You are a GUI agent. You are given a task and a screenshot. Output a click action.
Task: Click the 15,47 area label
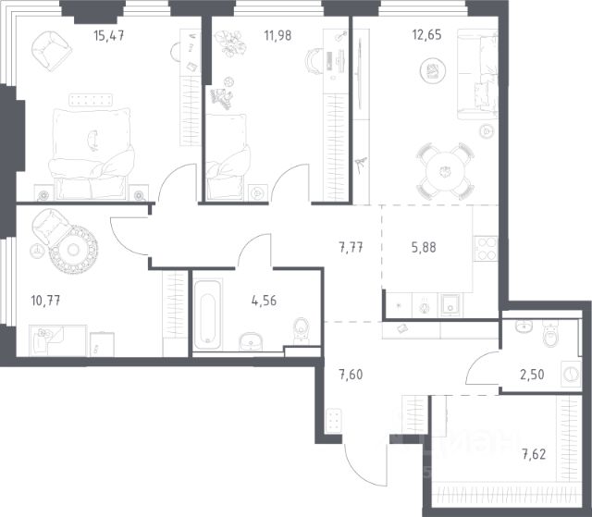[x=109, y=36]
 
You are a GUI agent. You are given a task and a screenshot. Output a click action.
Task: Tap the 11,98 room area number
[x=277, y=35]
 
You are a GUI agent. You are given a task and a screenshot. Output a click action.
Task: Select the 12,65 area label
[x=426, y=35]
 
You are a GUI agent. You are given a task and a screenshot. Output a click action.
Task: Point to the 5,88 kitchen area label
[x=424, y=248]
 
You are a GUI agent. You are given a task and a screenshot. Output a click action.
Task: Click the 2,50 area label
[x=532, y=375]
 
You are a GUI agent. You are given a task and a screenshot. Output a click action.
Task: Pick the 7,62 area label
[x=534, y=454]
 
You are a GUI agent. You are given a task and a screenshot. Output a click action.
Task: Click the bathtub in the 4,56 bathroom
[x=207, y=315]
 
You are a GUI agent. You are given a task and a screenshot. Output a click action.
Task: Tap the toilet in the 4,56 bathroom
[x=302, y=330]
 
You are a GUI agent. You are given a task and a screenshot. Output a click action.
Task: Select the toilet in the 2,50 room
[x=551, y=333]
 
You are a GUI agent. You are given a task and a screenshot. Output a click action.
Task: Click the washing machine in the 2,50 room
[x=571, y=374]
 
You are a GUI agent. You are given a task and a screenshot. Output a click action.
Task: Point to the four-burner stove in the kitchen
[x=486, y=249]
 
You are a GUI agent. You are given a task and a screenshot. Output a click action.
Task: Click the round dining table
[x=445, y=172]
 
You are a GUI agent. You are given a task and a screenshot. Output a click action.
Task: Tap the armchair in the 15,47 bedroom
[x=52, y=51]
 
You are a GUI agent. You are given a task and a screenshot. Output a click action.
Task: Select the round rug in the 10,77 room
[x=73, y=250]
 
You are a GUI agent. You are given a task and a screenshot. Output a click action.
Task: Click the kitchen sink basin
[x=450, y=305]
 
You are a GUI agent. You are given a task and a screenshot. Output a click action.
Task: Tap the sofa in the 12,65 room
[x=477, y=75]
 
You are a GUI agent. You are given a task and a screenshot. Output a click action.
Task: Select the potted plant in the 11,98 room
[x=230, y=43]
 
